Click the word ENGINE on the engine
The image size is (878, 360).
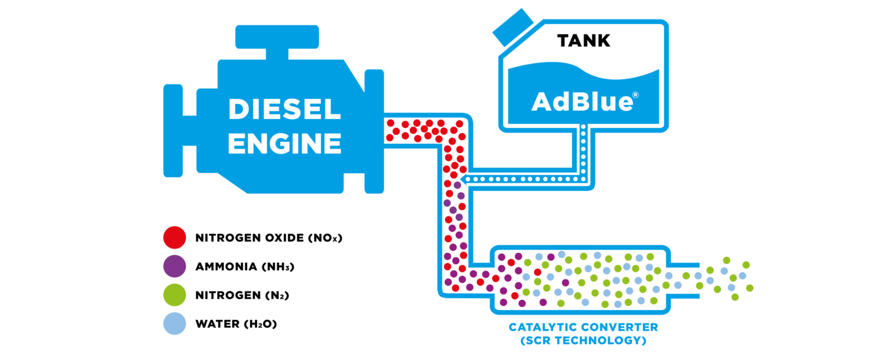pos(284,143)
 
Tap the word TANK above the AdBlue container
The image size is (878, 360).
pos(584,41)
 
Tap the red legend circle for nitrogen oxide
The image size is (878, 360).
pos(174,237)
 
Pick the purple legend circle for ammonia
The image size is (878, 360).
pos(174,266)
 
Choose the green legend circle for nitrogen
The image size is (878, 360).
pos(174,295)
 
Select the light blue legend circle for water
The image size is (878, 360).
pos(174,324)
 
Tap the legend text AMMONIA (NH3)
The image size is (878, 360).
pos(245,267)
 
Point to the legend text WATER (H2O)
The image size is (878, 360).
pos(236,325)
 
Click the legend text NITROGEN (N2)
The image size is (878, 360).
pos(241,295)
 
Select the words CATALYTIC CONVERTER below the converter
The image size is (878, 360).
pos(584,327)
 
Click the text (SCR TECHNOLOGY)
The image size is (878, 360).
pos(584,341)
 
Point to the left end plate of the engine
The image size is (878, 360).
pos(173,132)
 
